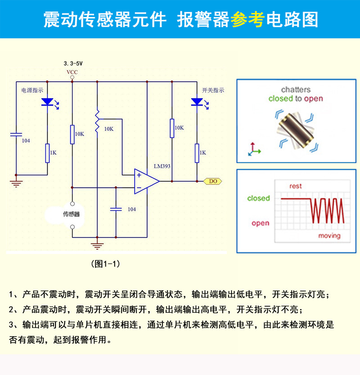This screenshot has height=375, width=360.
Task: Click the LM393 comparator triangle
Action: pyautogui.click(x=145, y=181)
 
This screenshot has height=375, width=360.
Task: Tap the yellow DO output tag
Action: pyautogui.click(x=213, y=181)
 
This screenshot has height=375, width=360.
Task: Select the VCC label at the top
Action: pyautogui.click(x=72, y=72)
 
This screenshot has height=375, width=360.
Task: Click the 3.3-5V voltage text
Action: pyautogui.click(x=73, y=64)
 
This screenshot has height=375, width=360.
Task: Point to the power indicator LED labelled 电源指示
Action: pyautogui.click(x=47, y=102)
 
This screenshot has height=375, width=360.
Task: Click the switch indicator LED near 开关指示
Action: pyautogui.click(x=197, y=102)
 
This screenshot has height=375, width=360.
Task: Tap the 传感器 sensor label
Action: pyautogui.click(x=72, y=214)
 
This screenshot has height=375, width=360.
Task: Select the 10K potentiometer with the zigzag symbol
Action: pyautogui.click(x=97, y=120)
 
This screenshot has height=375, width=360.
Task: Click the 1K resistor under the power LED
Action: pyautogui.click(x=47, y=153)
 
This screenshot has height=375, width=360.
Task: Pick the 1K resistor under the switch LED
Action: pyautogui.click(x=197, y=153)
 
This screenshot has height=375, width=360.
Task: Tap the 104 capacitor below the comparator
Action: pyautogui.click(x=116, y=209)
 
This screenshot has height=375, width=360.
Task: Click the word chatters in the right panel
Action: pyautogui.click(x=296, y=89)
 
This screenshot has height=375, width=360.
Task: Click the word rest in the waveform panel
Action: pyautogui.click(x=296, y=186)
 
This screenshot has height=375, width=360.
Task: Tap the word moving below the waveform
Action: pyautogui.click(x=329, y=236)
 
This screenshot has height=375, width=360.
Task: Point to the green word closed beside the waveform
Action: pyautogui.click(x=258, y=198)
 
